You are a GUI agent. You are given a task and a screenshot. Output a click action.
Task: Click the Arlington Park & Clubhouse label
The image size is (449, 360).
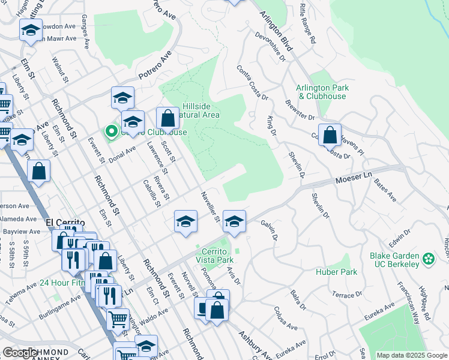[x=322, y=92]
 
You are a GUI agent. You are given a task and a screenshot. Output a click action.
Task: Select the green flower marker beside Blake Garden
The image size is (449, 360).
[x=428, y=259]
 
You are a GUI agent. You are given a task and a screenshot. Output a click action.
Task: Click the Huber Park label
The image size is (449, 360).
[x=337, y=272]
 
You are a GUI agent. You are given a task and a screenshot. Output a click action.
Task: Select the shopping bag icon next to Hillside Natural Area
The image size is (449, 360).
[x=167, y=118]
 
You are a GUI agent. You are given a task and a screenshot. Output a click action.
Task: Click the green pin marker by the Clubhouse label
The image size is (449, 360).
[x=110, y=131]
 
